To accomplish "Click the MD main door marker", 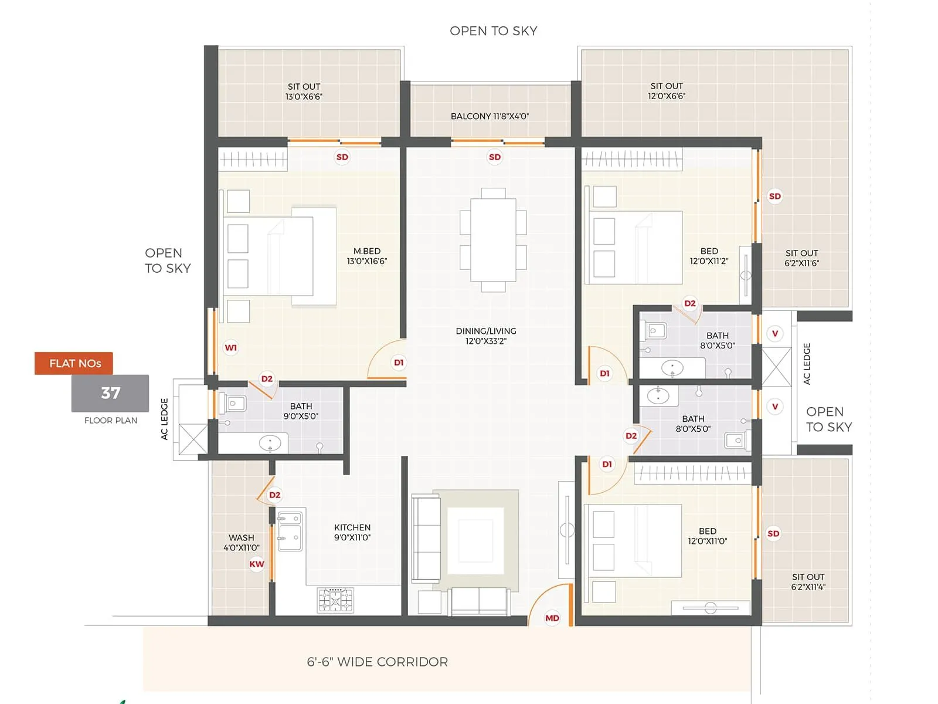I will [552, 618].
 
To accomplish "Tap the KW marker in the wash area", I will [257, 564].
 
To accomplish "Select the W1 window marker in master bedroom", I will [231, 347].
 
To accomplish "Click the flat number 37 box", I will [110, 393].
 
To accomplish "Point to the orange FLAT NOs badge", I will [74, 363].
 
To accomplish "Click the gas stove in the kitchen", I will [335, 600].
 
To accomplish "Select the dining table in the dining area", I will [493, 240].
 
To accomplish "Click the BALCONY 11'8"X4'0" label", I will [490, 116].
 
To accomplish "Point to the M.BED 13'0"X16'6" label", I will [367, 256].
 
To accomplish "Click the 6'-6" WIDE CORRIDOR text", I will [377, 662].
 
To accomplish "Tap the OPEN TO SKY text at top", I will [493, 31].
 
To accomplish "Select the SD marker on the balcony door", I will [495, 157].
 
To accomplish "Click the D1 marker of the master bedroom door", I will [399, 363].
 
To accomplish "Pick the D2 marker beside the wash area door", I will [274, 495].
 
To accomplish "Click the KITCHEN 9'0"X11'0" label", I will [352, 532].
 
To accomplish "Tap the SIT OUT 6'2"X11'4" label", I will [808, 581].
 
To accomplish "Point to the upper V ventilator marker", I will [775, 333].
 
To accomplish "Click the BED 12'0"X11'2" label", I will [709, 256].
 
